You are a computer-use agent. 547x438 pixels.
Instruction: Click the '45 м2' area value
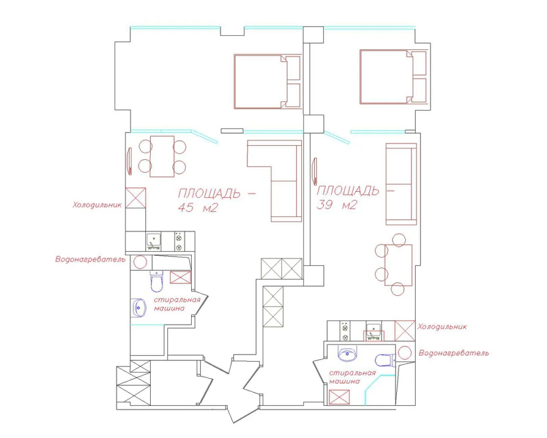pyautogui.click(x=198, y=208)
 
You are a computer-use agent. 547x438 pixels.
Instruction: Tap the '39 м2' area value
pyautogui.click(x=337, y=205)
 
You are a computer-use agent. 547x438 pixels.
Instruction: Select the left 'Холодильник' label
pyautogui.click(x=97, y=205)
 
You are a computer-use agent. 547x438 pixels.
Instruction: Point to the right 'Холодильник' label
pyautogui.click(x=442, y=326)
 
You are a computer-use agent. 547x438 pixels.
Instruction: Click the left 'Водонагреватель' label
pyautogui.click(x=90, y=260)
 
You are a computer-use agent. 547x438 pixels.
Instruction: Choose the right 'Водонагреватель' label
pyautogui.click(x=454, y=353)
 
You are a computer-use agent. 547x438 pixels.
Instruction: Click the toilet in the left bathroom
pyautogui.click(x=156, y=281)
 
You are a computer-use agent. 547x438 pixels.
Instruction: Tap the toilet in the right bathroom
pyautogui.click(x=385, y=361)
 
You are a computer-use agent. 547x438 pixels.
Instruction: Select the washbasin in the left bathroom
pyautogui.click(x=138, y=308)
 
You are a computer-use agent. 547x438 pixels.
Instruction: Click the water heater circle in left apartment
pyautogui.click(x=140, y=262)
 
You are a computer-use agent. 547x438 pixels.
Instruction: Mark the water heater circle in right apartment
pyautogui.click(x=405, y=353)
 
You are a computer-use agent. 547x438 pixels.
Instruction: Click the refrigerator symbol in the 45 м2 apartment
pyautogui.click(x=136, y=198)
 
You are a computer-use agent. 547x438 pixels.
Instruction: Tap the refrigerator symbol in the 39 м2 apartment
pyautogui.click(x=405, y=331)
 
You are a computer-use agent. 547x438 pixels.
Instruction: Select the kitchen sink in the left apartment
pyautogui.click(x=154, y=241)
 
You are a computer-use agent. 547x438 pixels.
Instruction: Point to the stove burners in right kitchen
pyautogui.click(x=345, y=331)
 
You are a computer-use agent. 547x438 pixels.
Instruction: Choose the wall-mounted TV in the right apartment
pyautogui.click(x=315, y=171)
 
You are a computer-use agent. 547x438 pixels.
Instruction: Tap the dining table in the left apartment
pyautogui.click(x=162, y=157)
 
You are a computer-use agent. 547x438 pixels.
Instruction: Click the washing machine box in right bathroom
pyautogui.click(x=339, y=397)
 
